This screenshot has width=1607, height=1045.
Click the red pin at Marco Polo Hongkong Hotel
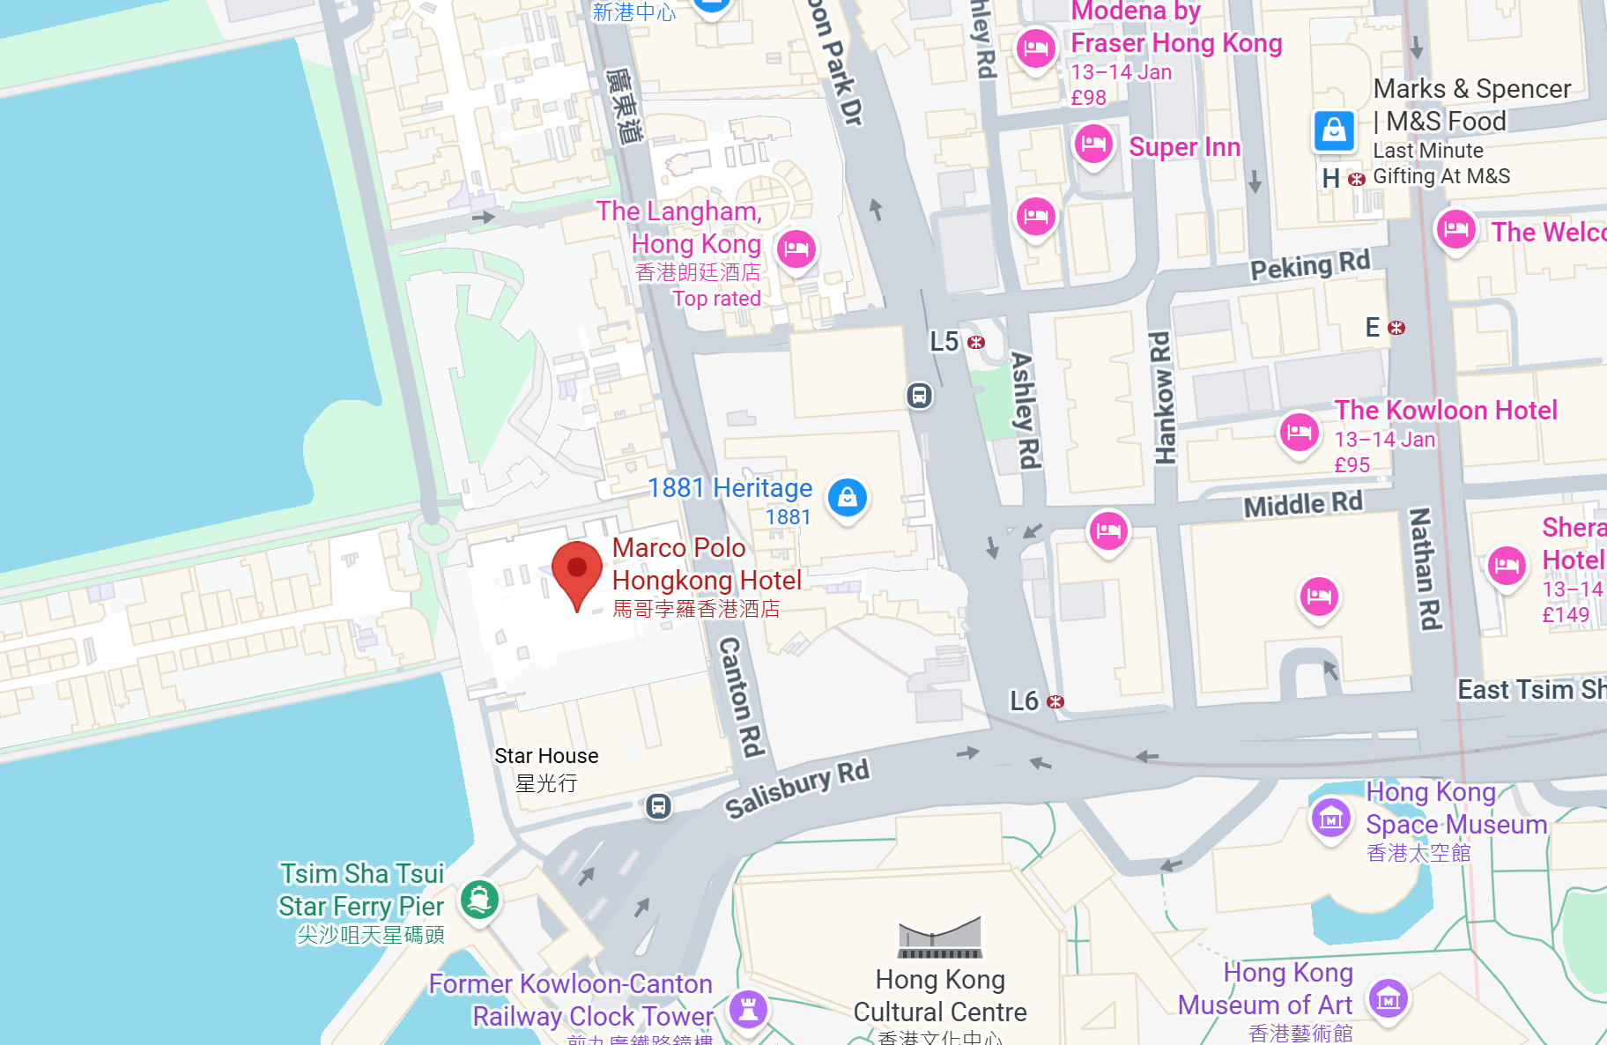(577, 568)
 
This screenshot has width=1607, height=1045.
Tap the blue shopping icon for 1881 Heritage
(848, 498)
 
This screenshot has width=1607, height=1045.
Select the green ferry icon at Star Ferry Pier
(480, 900)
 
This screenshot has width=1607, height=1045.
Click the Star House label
(546, 756)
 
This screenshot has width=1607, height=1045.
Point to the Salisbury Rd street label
(797, 788)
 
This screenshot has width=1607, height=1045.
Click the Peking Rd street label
(1310, 263)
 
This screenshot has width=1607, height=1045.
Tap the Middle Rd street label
(1302, 504)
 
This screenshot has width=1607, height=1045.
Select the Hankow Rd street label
(1163, 397)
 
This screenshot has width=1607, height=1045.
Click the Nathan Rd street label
(1425, 568)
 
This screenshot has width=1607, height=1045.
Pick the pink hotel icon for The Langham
(796, 249)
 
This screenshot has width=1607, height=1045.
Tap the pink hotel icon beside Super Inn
(1093, 143)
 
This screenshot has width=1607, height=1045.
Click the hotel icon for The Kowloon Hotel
(1300, 433)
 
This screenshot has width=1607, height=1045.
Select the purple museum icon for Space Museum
(1331, 819)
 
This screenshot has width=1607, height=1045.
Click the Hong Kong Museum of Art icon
(1389, 998)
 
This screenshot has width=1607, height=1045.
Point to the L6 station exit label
(1025, 701)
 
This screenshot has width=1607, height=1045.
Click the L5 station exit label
(944, 342)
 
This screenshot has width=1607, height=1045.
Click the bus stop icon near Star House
(658, 805)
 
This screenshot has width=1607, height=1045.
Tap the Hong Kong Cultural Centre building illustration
(940, 937)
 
